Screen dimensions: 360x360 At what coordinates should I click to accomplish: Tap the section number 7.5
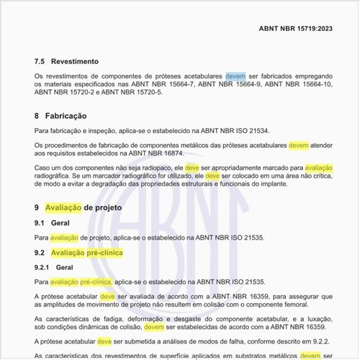[x=40, y=62]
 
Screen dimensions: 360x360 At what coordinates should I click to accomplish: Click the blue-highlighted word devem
[x=235, y=76]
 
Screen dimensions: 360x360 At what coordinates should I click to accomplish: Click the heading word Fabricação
[x=66, y=116]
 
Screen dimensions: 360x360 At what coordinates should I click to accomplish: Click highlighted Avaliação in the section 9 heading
[x=63, y=207]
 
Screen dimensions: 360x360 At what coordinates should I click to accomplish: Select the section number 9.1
[x=40, y=223]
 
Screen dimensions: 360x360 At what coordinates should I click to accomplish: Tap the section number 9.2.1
[x=44, y=268]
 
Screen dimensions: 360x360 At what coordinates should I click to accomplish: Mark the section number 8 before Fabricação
[x=37, y=116]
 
